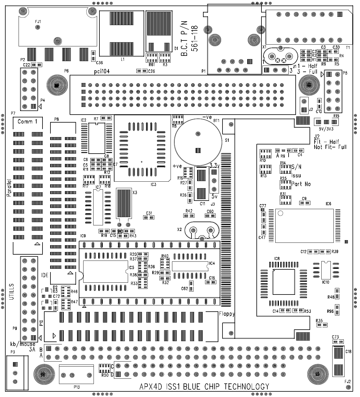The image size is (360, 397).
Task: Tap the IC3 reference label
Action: pyautogui.click(x=153, y=185)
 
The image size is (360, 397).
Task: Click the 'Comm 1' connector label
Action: pyautogui.click(x=27, y=121)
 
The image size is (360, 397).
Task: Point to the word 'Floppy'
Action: pyautogui.click(x=227, y=314)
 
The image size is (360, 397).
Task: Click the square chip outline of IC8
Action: pyautogui.click(x=284, y=282)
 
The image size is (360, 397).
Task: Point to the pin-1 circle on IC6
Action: pyautogui.click(x=280, y=213)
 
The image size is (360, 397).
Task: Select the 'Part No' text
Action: pyautogui.click(x=301, y=184)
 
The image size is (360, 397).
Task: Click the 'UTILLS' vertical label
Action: pyautogui.click(x=12, y=292)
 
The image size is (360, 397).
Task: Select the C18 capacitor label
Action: pyautogui.click(x=348, y=352)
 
